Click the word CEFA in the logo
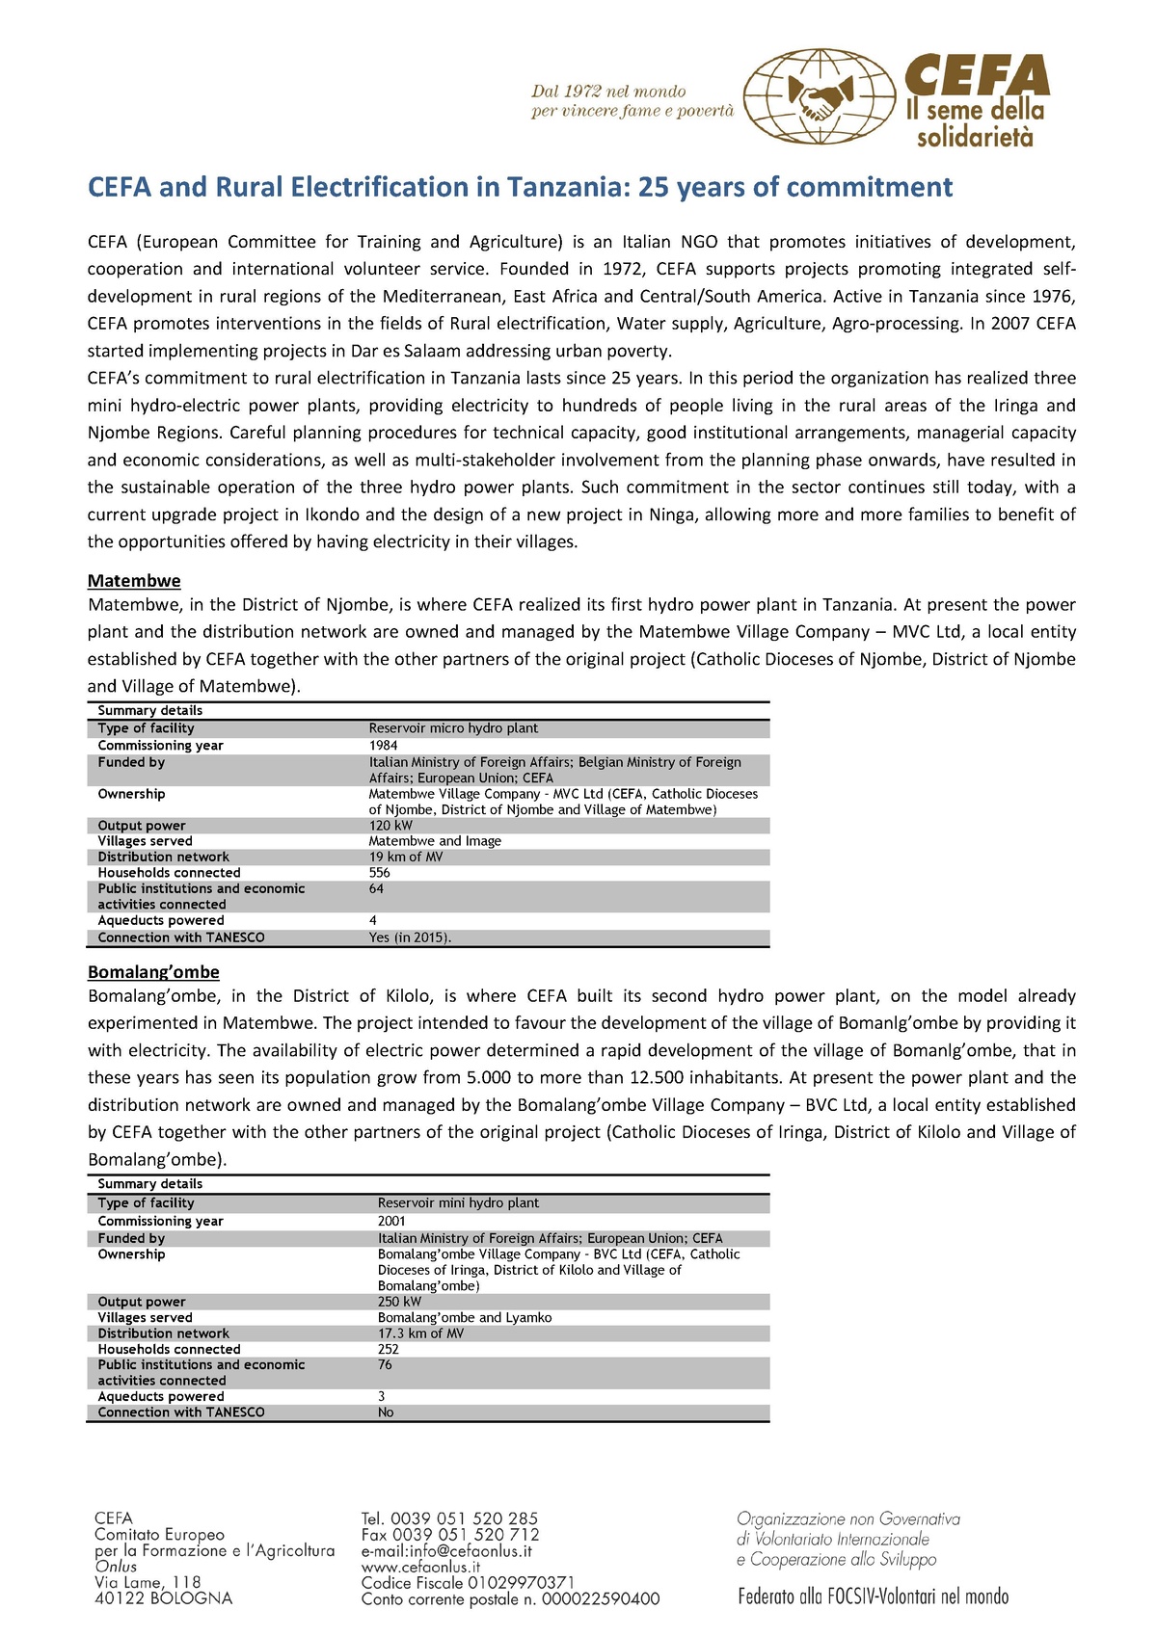pyautogui.click(x=977, y=75)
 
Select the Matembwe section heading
pyautogui.click(x=134, y=581)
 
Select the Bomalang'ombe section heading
pyautogui.click(x=153, y=972)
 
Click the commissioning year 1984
pyautogui.click(x=383, y=746)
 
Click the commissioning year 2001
pyautogui.click(x=391, y=1221)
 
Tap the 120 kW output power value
pyautogui.click(x=390, y=826)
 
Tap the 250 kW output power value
pyautogui.click(x=399, y=1302)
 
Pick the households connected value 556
pyautogui.click(x=380, y=873)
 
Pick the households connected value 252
pyautogui.click(x=389, y=1349)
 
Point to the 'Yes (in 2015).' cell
pyautogui.click(x=410, y=937)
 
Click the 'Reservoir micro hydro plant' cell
pyautogui.click(x=453, y=728)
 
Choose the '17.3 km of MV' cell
pyautogui.click(x=420, y=1333)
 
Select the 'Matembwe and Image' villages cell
pyautogui.click(x=435, y=841)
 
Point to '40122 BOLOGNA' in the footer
pyautogui.click(x=163, y=1598)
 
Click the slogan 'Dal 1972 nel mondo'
pyautogui.click(x=608, y=92)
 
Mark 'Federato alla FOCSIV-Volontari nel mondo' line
pyautogui.click(x=873, y=1596)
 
